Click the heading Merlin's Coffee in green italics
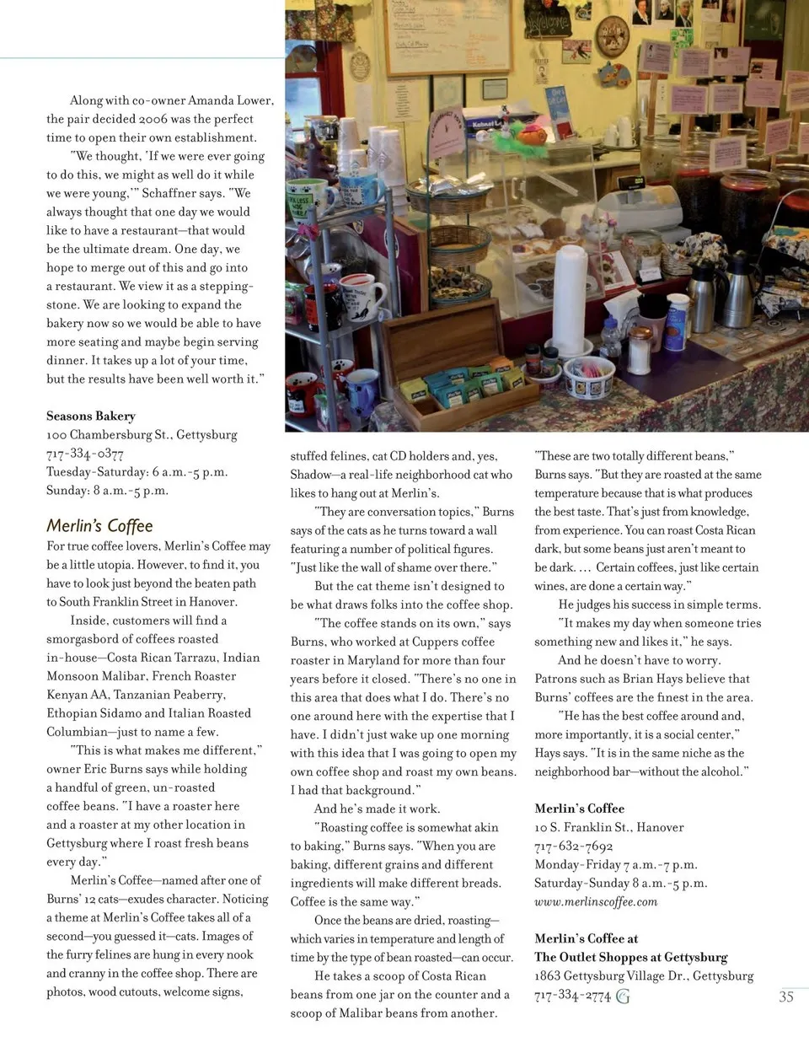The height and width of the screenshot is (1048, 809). pos(99,526)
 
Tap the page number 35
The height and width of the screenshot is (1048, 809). pos(785,997)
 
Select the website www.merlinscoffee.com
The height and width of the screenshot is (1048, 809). pos(596,901)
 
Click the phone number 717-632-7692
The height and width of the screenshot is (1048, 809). pos(574,846)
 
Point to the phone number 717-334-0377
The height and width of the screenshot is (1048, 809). pos(85,454)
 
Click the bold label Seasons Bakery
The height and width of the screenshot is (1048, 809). pos(91,416)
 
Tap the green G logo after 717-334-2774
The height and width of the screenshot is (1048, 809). pos(623,997)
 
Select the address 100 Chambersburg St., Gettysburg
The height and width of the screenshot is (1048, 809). pos(142,434)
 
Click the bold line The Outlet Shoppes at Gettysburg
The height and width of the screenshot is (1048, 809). pos(631,957)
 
